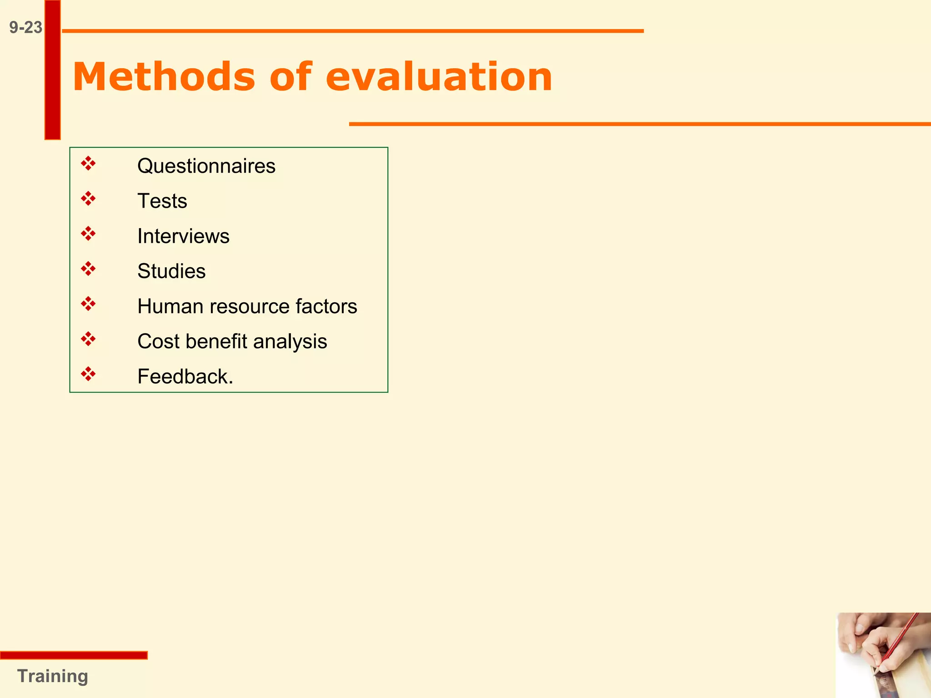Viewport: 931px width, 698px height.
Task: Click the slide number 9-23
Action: point(25,28)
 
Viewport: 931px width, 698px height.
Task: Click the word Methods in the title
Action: point(164,77)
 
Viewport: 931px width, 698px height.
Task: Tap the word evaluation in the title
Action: point(439,77)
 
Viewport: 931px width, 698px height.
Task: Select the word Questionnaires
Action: point(206,166)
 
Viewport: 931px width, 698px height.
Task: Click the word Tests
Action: point(162,201)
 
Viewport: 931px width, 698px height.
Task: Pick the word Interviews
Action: point(183,236)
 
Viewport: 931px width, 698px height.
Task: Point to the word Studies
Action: point(171,271)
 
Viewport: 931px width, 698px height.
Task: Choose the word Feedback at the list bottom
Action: point(183,377)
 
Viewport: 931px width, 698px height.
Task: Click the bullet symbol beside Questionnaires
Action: point(88,164)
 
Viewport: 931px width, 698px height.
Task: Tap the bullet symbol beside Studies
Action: point(88,269)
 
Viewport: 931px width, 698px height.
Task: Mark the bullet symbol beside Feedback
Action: point(88,374)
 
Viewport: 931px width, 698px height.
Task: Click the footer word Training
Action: point(52,676)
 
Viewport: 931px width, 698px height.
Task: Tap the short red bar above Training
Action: point(74,655)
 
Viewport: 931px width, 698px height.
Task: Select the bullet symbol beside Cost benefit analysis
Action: point(88,339)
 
